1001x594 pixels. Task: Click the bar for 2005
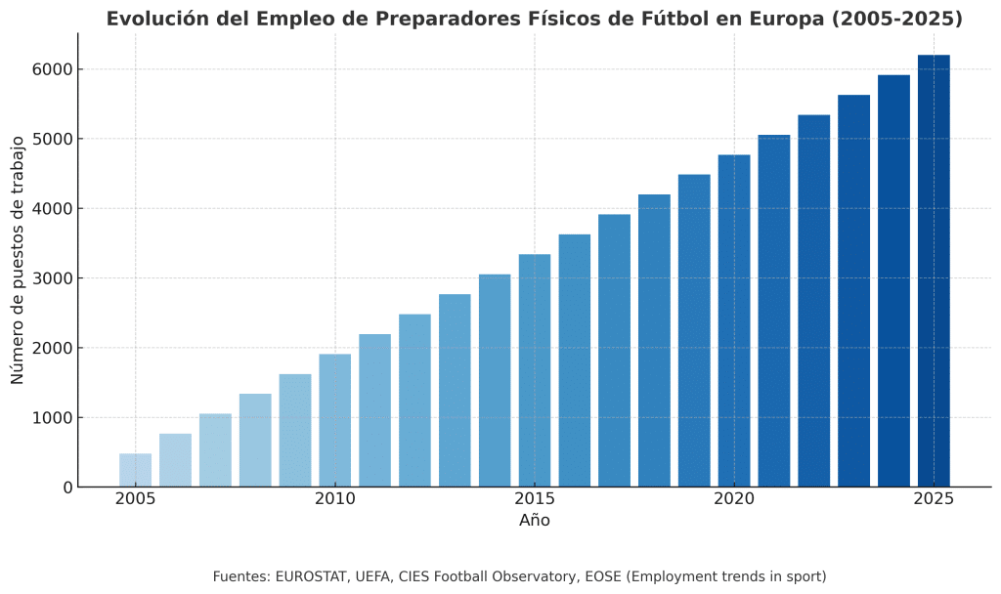click(x=135, y=470)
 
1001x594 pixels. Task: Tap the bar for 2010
click(x=334, y=420)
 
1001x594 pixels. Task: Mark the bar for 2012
click(x=414, y=401)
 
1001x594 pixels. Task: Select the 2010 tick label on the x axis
click(x=334, y=499)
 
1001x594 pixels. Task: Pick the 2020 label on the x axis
click(x=734, y=499)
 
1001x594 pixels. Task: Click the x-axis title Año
click(x=535, y=521)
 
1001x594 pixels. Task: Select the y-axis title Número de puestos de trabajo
click(x=19, y=260)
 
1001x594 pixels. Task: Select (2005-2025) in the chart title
click(x=899, y=19)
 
